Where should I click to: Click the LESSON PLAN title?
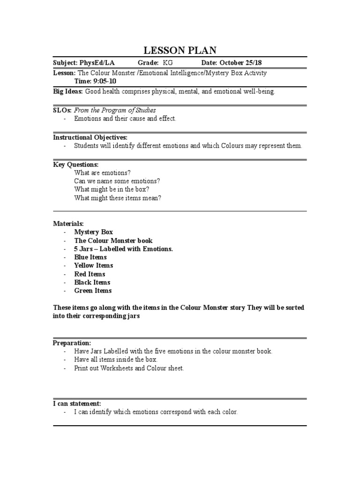coord(180,51)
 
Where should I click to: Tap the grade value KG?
coord(168,63)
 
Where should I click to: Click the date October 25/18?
coord(242,63)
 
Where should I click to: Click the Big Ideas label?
coord(67,91)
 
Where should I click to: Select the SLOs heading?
coord(62,110)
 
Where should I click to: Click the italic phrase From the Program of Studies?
coord(115,110)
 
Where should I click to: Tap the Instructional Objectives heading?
coord(90,137)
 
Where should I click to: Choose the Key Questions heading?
coord(75,165)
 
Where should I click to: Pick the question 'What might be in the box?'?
coord(112,189)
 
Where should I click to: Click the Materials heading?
coord(68,224)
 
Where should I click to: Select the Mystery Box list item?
coord(93,232)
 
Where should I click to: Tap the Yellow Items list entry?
coord(93,265)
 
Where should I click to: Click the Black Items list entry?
coord(92,282)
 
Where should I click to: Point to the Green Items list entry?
coord(93,291)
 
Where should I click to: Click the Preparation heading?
coord(72,343)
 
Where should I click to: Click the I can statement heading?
coord(77,404)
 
